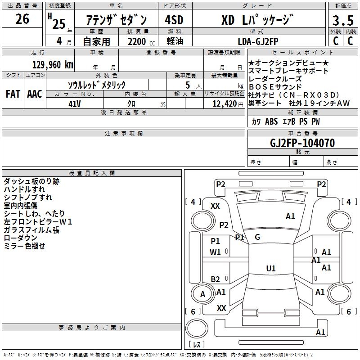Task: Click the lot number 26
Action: pyautogui.click(x=22, y=19)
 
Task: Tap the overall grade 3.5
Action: pyautogui.click(x=343, y=20)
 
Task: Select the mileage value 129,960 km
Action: pyautogui.click(x=53, y=65)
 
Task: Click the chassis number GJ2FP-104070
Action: pyautogui.click(x=302, y=143)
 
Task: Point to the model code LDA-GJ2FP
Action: pyautogui.click(x=258, y=41)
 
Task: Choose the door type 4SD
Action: pyautogui.click(x=174, y=20)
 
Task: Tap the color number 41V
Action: pyautogui.click(x=75, y=104)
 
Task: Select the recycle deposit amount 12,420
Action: pyautogui.click(x=225, y=104)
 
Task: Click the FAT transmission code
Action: pyautogui.click(x=13, y=94)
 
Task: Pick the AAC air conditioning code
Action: pyautogui.click(x=35, y=94)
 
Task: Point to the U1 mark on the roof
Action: pyautogui.click(x=271, y=268)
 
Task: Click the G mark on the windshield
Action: pyautogui.click(x=257, y=237)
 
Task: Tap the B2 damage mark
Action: pyautogui.click(x=215, y=279)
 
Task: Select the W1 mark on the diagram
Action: pyautogui.click(x=215, y=252)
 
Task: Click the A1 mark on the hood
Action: pyautogui.click(x=290, y=216)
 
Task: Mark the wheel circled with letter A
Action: pyautogui.click(x=202, y=294)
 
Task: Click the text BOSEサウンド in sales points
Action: pyautogui.click(x=275, y=87)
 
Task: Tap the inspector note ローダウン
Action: pyautogui.click(x=20, y=238)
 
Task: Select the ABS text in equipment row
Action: pyautogui.click(x=271, y=121)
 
